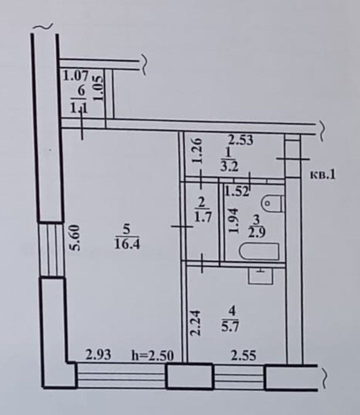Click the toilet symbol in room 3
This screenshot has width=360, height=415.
click(x=273, y=203)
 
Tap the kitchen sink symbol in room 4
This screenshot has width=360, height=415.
click(x=261, y=276)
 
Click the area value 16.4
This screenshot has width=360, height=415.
click(x=127, y=244)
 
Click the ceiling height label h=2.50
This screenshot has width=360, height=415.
click(x=153, y=356)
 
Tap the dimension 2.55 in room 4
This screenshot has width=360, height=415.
click(x=244, y=356)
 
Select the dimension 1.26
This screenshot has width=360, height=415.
click(x=197, y=150)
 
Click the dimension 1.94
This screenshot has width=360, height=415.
click(x=234, y=221)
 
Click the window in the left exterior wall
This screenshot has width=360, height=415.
click(x=51, y=249)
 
